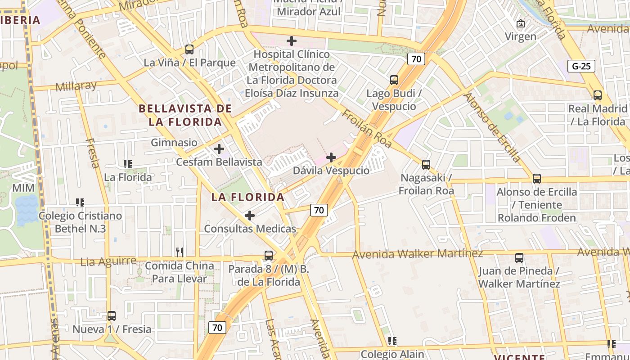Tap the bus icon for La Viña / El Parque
pyautogui.click(x=189, y=49)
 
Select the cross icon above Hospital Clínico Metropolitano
pyautogui.click(x=292, y=41)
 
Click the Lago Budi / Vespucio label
pyautogui.click(x=394, y=100)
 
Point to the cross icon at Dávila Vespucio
pyautogui.click(x=331, y=157)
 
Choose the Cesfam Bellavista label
pyautogui.click(x=219, y=162)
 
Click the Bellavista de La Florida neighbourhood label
pyautogui.click(x=185, y=115)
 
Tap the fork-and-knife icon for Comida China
pyautogui.click(x=180, y=252)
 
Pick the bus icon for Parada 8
pyautogui.click(x=269, y=256)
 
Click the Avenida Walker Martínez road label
pyautogui.click(x=418, y=254)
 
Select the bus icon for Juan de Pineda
pyautogui.click(x=519, y=258)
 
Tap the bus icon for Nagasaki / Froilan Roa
pyautogui.click(x=426, y=165)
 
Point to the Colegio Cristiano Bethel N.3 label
pyautogui.click(x=80, y=222)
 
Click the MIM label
pyautogui.click(x=23, y=188)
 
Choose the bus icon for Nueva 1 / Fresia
pyautogui.click(x=112, y=316)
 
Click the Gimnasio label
pyautogui.click(x=174, y=143)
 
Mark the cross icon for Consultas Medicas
pyautogui.click(x=250, y=216)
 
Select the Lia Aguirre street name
pyautogui.click(x=108, y=261)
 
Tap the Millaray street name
pyautogui.click(x=76, y=86)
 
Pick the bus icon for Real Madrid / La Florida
pyautogui.click(x=598, y=95)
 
